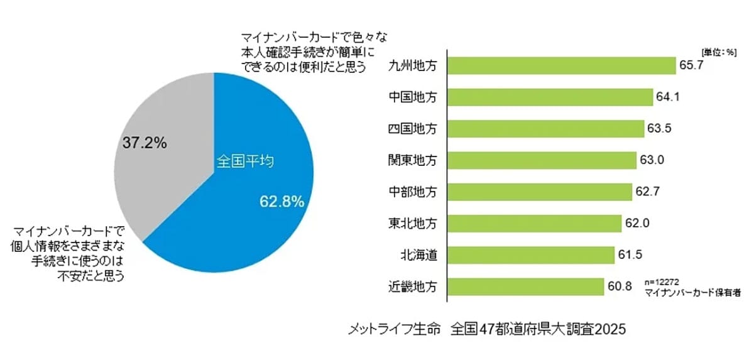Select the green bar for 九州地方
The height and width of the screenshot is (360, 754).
coord(561,66)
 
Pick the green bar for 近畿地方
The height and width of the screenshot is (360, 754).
coord(525,287)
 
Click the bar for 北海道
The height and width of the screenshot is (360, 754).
coord(530,255)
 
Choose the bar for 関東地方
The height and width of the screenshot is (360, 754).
coord(542,160)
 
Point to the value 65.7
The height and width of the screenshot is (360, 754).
coord(692,66)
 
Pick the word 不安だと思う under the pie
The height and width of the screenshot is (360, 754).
coord(94,275)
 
